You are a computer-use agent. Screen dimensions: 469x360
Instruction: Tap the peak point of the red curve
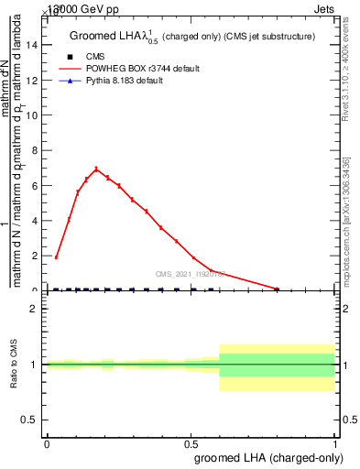tap(96, 169)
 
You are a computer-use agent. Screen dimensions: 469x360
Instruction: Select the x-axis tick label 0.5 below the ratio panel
tap(191, 443)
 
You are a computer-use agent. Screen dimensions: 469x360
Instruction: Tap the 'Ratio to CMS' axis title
tap(16, 364)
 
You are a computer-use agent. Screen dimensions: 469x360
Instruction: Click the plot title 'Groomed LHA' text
tap(107, 36)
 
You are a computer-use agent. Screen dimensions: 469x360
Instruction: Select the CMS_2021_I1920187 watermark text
tap(191, 274)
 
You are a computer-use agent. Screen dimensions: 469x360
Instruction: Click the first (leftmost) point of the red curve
tap(56, 257)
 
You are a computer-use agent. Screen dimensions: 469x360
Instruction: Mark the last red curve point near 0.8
tap(278, 289)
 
